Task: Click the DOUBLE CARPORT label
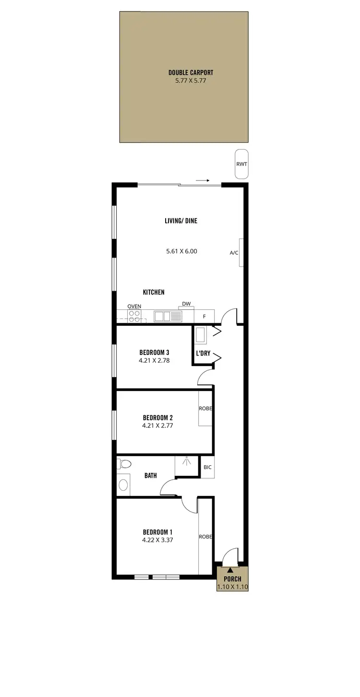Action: [191, 72]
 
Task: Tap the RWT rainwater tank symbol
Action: [241, 164]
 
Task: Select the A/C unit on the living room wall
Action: [242, 252]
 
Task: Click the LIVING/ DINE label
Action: [181, 221]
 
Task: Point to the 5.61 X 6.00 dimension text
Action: [181, 251]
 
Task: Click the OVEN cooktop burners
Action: [134, 316]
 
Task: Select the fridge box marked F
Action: [204, 317]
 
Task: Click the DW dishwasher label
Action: [186, 304]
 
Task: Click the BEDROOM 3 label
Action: [154, 352]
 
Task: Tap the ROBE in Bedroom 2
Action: [205, 409]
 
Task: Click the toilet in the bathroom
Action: [124, 464]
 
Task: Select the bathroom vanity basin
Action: [123, 485]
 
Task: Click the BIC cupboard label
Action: [207, 467]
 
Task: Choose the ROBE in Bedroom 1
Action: [205, 536]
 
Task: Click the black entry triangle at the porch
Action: [230, 570]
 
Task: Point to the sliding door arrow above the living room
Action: [203, 181]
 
